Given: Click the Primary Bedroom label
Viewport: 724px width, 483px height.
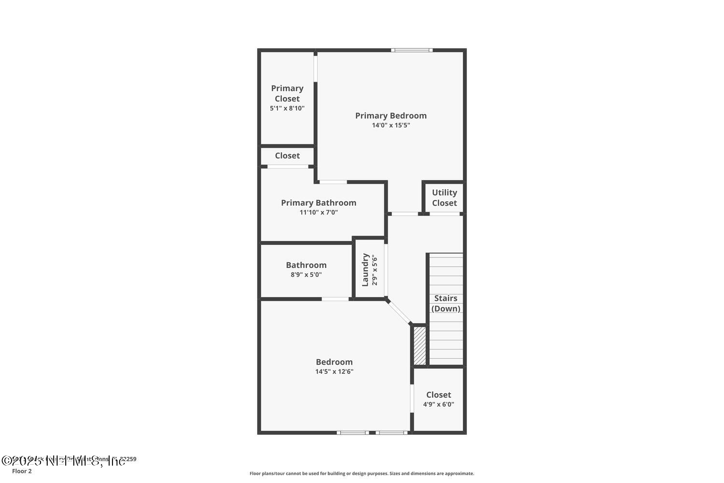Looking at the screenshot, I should coord(391,115).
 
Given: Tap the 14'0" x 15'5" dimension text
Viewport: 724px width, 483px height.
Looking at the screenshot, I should coord(391,125).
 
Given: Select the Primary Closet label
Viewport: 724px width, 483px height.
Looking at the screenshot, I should coord(287,93).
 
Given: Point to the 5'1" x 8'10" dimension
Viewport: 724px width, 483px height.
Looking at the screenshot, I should coord(287,108).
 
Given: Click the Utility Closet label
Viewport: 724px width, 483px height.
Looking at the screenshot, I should coord(444,198).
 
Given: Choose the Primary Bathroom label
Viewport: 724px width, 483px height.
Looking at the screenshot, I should coord(319,203).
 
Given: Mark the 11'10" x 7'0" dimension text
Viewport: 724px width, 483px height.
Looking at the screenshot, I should coord(319,212).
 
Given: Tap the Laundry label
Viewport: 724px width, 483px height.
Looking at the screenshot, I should coord(365,270).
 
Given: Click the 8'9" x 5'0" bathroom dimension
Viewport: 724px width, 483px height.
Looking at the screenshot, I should coord(306,275).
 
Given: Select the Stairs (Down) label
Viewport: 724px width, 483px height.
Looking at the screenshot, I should coord(446,303).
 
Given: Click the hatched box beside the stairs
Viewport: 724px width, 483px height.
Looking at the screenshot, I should coord(420,346).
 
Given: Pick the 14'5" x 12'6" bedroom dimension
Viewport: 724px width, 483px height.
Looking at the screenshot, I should coord(334,371).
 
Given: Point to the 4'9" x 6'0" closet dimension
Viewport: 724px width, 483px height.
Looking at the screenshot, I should coord(438,404).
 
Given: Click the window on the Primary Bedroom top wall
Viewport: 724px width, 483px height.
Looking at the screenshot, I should coord(412,50).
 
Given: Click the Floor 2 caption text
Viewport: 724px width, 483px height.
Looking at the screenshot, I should coord(22,471).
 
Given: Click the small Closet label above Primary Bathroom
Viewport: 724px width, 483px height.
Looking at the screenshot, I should coord(287,156).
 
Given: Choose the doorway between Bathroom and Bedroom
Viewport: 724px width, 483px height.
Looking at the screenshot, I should coord(335,299).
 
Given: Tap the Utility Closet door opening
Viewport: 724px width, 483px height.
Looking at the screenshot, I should coord(445,213).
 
